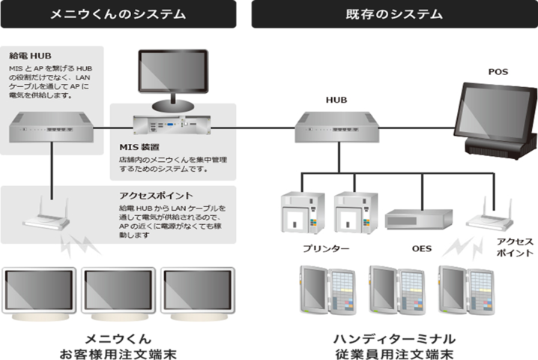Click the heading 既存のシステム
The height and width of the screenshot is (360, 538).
395,13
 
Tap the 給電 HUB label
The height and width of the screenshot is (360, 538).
31,55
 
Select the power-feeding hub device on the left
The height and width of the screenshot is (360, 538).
52,130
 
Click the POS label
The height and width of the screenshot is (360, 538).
498,71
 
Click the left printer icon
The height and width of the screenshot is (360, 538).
302,213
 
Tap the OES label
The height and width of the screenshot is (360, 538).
422,248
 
